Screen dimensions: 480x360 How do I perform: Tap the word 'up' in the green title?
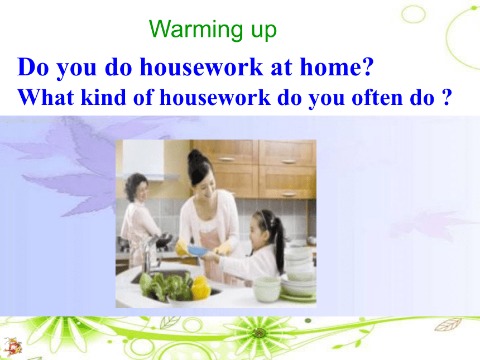[264, 31]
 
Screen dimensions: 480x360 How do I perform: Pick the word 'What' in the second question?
[46, 97]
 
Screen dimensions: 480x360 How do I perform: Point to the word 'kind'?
[103, 97]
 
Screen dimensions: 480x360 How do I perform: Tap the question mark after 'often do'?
[447, 97]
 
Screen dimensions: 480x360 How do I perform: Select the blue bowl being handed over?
[198, 251]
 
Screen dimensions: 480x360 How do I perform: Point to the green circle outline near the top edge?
[413, 14]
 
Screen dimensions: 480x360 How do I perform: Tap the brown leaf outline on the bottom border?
[448, 325]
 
